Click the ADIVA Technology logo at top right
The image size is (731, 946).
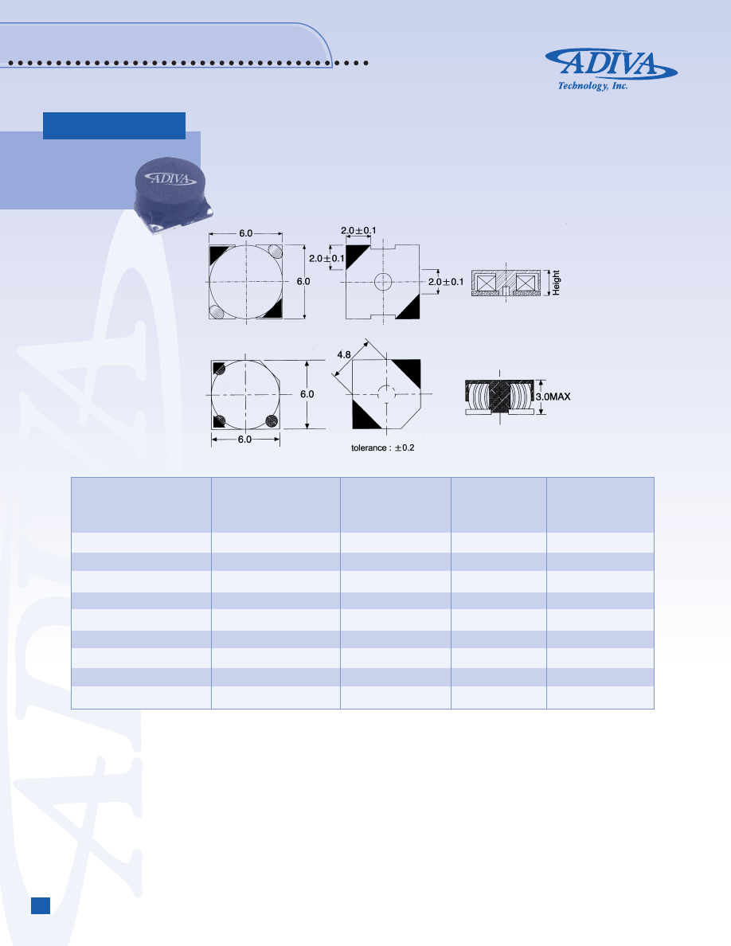click(611, 69)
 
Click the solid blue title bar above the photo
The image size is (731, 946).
click(114, 126)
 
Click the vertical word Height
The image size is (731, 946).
click(557, 283)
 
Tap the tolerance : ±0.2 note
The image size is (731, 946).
click(383, 448)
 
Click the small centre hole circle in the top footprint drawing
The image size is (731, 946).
click(383, 280)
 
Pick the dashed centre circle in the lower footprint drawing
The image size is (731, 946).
click(386, 394)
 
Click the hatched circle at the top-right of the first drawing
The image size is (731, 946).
click(276, 251)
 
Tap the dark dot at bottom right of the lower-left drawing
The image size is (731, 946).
click(272, 420)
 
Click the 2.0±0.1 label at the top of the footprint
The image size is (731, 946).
click(359, 231)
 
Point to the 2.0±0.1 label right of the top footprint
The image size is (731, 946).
click(446, 282)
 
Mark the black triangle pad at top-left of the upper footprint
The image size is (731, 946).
click(356, 256)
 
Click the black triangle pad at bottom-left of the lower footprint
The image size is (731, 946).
click(365, 413)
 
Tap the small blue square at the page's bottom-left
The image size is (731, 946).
click(41, 905)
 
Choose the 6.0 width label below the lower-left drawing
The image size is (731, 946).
click(245, 440)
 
